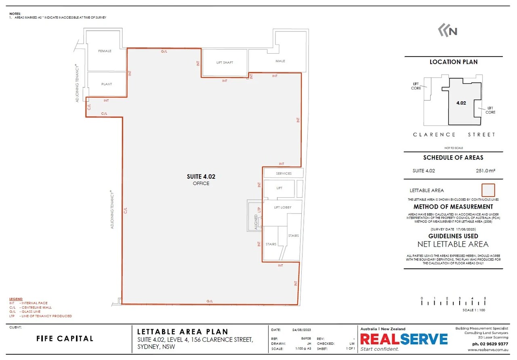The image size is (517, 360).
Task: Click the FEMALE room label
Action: pos(105,51)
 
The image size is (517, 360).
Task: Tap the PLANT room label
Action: pos(107,84)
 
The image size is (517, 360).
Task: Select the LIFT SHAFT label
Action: pos(225,63)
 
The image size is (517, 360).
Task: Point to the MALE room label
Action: pos(280,61)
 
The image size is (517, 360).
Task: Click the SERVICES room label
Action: pos(284,174)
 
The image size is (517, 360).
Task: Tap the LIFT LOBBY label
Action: pos(282,207)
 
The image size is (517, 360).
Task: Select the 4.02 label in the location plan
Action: pos(461,103)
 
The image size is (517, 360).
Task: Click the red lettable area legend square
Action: pos(490,189)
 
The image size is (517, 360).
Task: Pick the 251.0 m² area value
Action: pos(485,171)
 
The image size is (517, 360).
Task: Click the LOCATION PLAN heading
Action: pos(453,62)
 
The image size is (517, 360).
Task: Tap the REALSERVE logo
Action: pos(404,339)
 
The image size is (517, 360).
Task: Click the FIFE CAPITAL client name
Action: pos(65,339)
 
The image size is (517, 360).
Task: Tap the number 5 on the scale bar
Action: pos(485,298)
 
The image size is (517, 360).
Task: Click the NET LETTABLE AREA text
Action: pos(453,244)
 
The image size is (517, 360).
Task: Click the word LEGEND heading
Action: pos(16,299)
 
